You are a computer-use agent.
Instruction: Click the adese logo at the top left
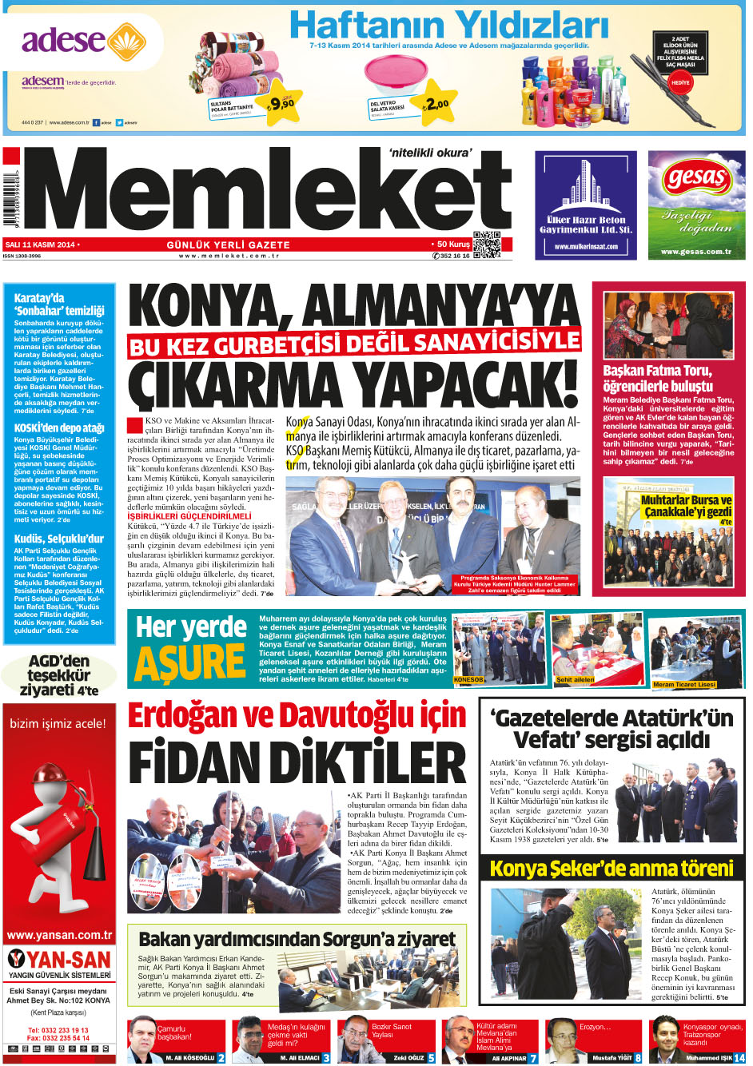72,40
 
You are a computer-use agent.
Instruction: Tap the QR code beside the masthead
486,245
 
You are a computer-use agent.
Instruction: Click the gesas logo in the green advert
695,177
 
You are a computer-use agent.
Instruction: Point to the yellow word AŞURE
189,662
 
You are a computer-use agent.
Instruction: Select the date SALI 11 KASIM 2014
40,244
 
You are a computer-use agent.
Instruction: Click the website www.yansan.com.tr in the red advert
58,935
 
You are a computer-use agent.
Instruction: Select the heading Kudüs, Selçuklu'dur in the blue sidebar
59,539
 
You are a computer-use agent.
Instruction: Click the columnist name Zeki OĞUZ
408,1058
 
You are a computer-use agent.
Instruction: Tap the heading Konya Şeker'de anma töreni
612,869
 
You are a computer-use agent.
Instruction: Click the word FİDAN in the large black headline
205,762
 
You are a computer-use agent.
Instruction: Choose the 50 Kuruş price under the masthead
453,244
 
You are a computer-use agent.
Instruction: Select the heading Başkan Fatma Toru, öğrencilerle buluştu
657,379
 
